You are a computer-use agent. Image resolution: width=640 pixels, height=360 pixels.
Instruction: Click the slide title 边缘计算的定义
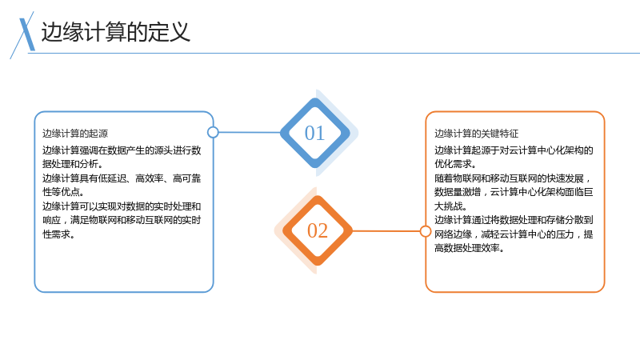(x=116, y=32)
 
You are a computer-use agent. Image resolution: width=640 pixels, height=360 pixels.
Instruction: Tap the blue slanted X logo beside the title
(x=26, y=34)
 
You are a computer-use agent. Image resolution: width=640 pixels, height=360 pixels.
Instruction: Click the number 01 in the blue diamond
(x=314, y=133)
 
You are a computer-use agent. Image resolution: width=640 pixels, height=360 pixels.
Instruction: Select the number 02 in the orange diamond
(x=318, y=230)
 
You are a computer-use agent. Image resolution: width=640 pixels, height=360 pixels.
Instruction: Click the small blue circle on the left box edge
(x=213, y=132)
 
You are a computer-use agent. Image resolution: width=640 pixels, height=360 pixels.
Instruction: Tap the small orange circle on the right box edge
(x=426, y=231)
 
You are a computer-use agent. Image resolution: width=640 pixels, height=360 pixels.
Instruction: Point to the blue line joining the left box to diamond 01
(x=250, y=132)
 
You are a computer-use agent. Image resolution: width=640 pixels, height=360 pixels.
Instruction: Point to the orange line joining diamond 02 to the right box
(x=386, y=231)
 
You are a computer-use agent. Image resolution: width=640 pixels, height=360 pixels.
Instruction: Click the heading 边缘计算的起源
(x=75, y=134)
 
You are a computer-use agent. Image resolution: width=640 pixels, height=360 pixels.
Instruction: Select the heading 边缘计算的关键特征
(x=476, y=134)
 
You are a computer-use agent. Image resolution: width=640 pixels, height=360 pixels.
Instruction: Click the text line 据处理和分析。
(x=73, y=164)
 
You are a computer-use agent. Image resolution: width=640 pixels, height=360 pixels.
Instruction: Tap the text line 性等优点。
(x=63, y=192)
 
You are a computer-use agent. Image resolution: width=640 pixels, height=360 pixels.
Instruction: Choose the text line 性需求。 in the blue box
(x=58, y=234)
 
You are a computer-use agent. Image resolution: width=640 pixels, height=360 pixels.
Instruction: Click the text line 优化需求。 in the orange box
(x=455, y=164)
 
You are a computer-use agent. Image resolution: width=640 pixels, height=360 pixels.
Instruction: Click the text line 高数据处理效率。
(x=470, y=248)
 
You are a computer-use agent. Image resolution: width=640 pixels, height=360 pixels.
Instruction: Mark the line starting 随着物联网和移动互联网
(x=513, y=178)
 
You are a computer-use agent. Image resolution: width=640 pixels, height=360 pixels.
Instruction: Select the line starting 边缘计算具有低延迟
(x=122, y=178)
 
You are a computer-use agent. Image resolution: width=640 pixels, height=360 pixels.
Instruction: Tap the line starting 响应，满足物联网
(x=122, y=221)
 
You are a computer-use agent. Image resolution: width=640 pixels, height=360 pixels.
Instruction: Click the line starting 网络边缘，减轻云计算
(x=514, y=234)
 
